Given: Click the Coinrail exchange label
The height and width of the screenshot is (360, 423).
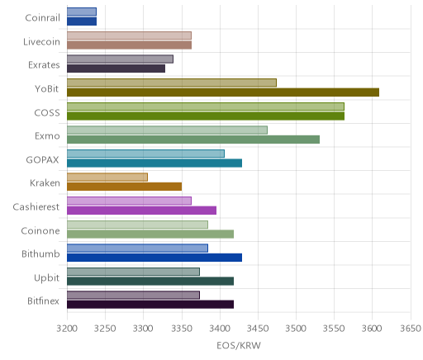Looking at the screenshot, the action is pos(42,18).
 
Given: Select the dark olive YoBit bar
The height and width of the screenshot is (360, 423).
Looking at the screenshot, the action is pos(223,92).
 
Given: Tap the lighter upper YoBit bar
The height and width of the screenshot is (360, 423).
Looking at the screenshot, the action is pos(172,83).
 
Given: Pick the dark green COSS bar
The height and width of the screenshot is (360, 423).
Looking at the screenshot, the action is pos(206,116).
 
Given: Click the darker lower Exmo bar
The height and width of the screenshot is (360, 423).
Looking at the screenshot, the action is pos(193,140).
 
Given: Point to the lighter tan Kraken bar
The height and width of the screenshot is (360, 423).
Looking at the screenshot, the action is pos(107,178).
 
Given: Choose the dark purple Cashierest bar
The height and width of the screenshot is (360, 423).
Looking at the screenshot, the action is pos(141,211).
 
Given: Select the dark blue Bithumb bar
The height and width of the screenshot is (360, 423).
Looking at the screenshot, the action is pos(154,258).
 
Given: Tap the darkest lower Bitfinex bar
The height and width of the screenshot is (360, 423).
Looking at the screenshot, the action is pos(150,305).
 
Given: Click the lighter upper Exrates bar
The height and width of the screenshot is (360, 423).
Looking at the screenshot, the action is pos(120,59).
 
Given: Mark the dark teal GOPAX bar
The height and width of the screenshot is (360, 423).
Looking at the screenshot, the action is pos(154,163).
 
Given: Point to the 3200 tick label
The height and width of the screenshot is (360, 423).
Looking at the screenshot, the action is pos(67,329).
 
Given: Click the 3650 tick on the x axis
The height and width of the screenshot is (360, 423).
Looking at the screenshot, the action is pos(411,329).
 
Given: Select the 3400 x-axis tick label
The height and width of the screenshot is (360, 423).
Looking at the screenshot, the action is pos(220,329).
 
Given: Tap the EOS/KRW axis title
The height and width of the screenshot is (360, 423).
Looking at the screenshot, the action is pos(239,345).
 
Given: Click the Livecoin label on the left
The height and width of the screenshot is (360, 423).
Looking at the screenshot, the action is pos(41,42).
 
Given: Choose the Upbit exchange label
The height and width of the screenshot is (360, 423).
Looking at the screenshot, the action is pos(46,277).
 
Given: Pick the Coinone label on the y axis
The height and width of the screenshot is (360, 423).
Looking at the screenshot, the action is pos(40,230).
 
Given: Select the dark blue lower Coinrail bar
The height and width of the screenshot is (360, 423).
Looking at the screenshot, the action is pos(82,21).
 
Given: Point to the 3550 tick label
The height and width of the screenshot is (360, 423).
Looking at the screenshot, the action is pos(334,329).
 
